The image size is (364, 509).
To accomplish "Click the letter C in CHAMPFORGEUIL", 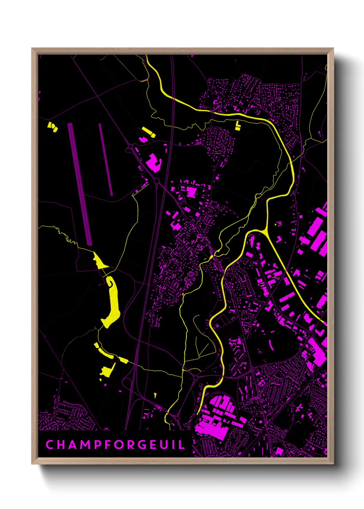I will pos(50,445).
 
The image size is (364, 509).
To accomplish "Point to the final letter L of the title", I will pos(182,445).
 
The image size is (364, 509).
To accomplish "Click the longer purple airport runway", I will pos(80,184).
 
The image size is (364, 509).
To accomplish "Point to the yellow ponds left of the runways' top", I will pos(52,127).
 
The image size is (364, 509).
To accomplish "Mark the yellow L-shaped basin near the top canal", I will pos(238,126).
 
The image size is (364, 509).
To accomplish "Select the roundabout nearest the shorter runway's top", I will pos(130,147).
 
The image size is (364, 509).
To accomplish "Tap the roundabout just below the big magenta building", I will pos(157,181).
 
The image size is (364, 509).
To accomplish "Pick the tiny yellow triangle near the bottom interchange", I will pos(155,396).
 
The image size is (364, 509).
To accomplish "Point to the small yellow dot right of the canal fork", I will pos(276,225).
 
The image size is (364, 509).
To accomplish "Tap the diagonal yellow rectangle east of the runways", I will pos(149,132).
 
